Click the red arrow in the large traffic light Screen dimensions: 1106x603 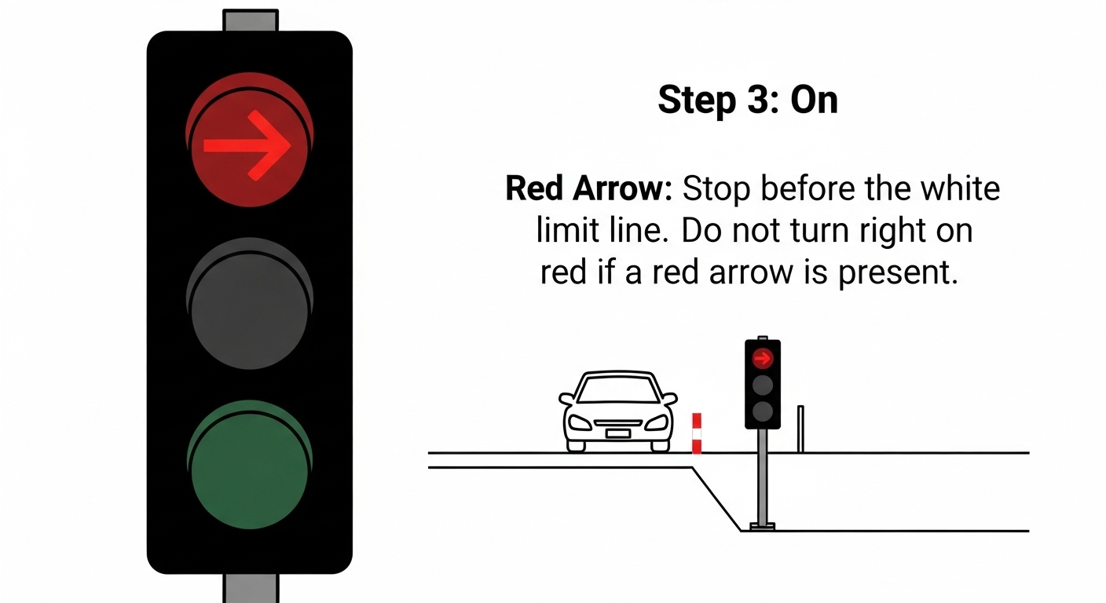point(247,145)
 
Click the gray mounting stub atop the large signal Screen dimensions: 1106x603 point(251,20)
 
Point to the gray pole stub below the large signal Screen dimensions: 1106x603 point(251,588)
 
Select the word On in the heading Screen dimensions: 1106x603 point(815,100)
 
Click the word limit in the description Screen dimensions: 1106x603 point(568,230)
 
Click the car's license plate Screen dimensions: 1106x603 point(617,433)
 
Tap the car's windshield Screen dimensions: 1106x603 point(618,389)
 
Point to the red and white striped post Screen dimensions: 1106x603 point(697,433)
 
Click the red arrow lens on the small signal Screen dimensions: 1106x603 point(763,359)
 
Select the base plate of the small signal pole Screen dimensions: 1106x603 point(763,527)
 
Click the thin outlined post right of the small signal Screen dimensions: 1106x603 point(800,429)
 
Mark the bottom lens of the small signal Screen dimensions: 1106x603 point(763,411)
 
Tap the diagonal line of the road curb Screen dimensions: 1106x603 point(716,499)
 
